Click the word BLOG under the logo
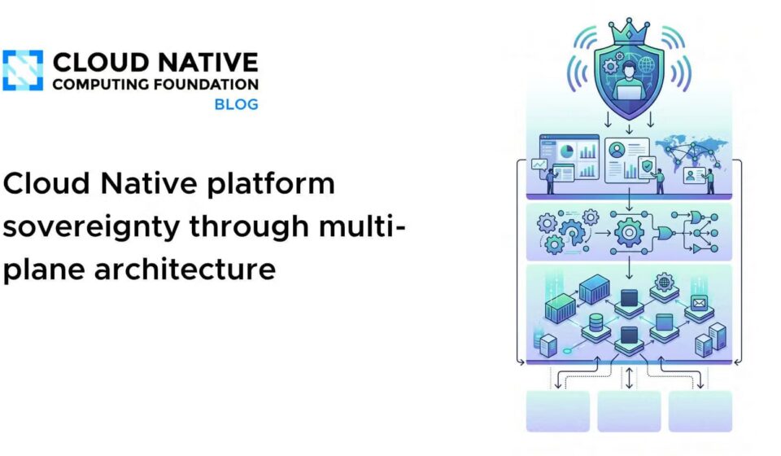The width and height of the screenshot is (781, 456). pyautogui.click(x=236, y=105)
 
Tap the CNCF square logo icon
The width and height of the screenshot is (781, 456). pyautogui.click(x=23, y=70)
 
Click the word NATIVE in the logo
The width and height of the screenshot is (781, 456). pyautogui.click(x=207, y=63)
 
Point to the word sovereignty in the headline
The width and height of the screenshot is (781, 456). pyautogui.click(x=92, y=227)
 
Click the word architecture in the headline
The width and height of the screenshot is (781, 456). pyautogui.click(x=185, y=269)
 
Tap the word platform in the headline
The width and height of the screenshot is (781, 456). pyautogui.click(x=270, y=184)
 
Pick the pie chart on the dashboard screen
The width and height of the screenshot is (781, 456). pyautogui.click(x=566, y=151)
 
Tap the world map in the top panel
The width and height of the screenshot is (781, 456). pyautogui.click(x=692, y=150)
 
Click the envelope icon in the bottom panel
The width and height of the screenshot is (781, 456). pyautogui.click(x=700, y=302)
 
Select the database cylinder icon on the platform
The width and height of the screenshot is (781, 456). pyautogui.click(x=596, y=323)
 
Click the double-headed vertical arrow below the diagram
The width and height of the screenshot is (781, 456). pyautogui.click(x=629, y=378)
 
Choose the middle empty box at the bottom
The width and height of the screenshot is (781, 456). pyautogui.click(x=629, y=411)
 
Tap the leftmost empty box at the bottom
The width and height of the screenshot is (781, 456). pyautogui.click(x=558, y=411)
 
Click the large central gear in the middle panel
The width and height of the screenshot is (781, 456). pyautogui.click(x=629, y=232)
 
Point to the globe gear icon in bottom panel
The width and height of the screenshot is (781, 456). pyautogui.click(x=664, y=283)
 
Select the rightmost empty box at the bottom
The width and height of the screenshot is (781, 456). pyautogui.click(x=700, y=411)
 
